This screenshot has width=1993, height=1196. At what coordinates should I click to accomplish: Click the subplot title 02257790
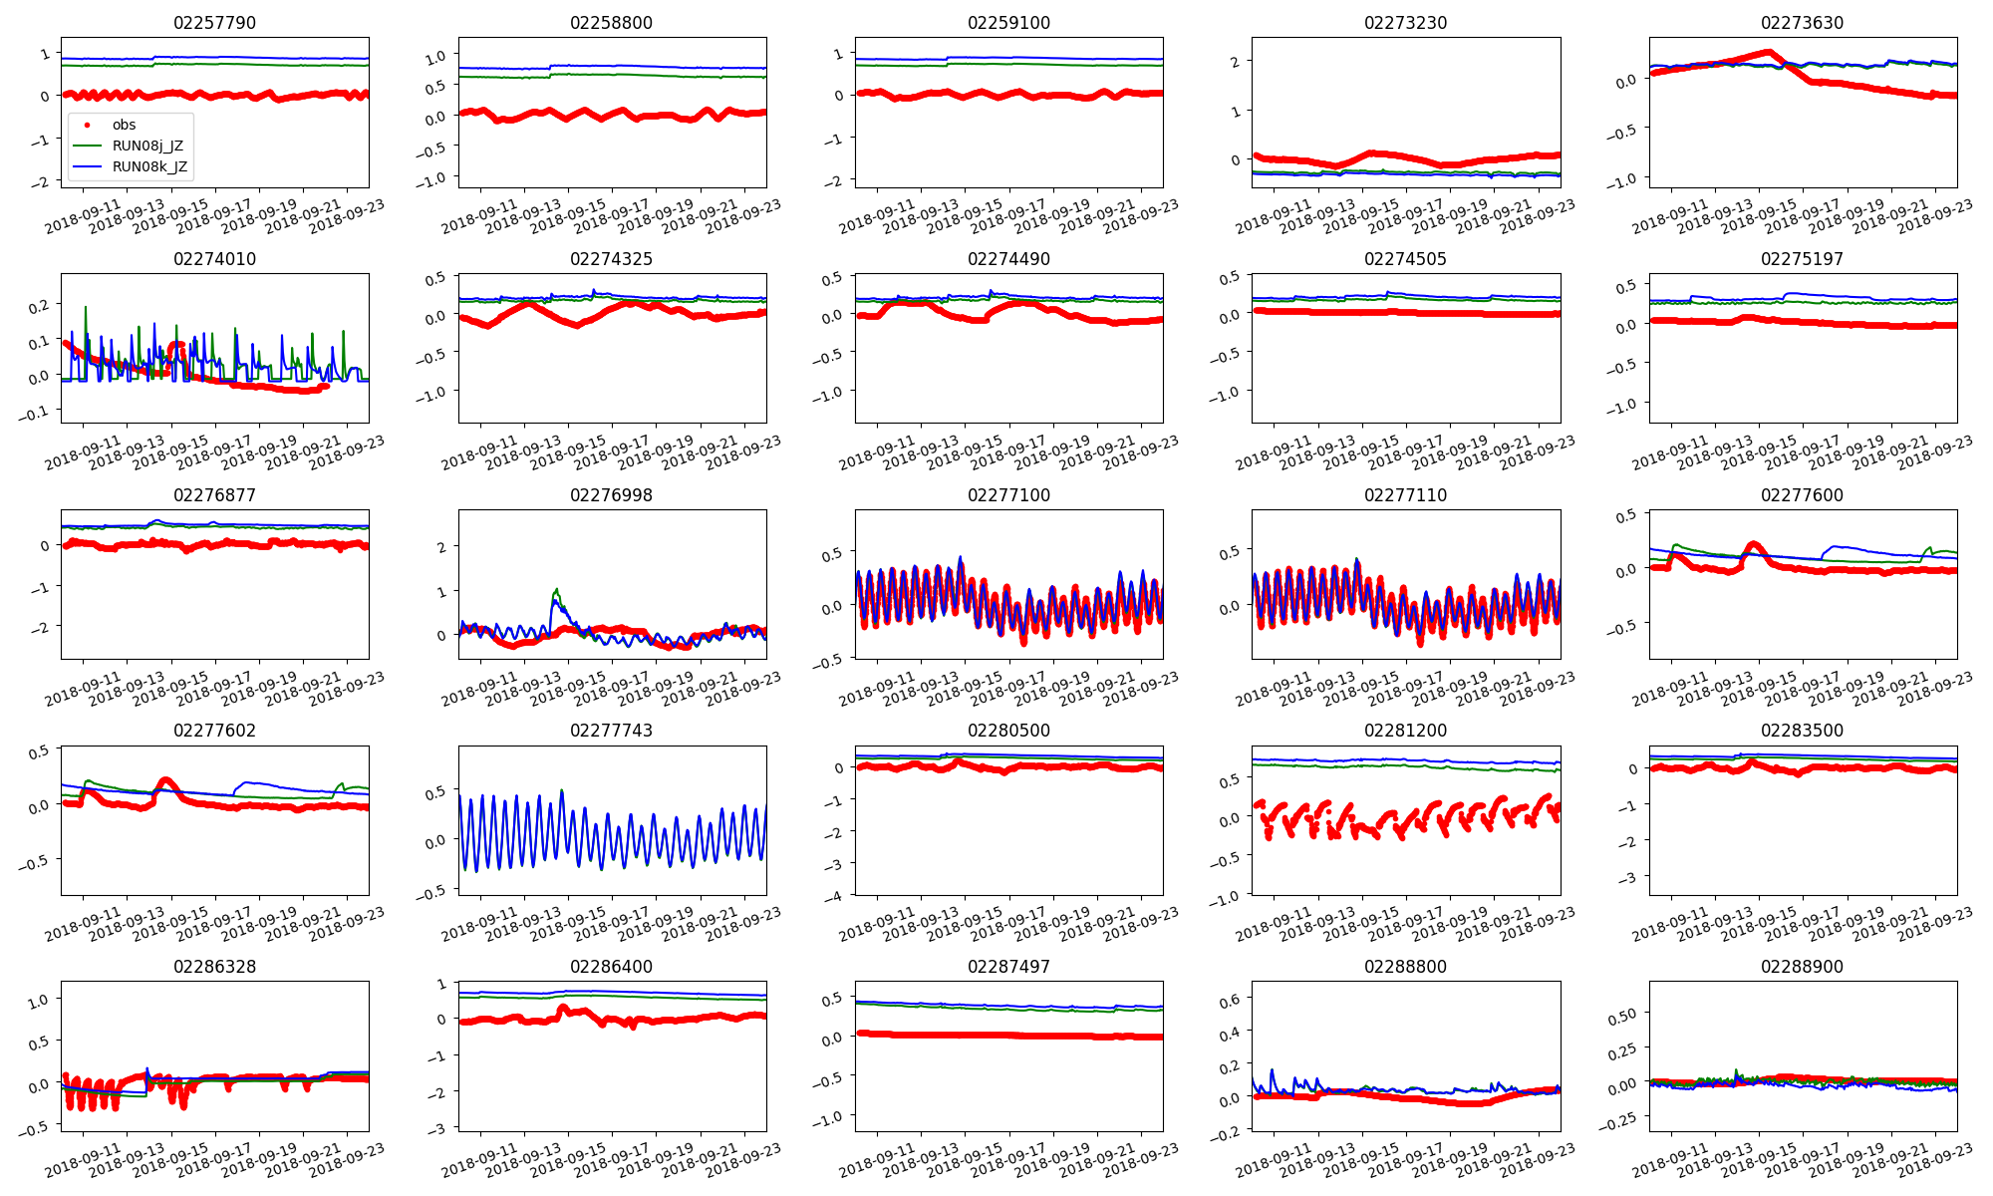click(x=214, y=23)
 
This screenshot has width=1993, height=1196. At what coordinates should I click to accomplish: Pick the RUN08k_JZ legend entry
click(x=149, y=166)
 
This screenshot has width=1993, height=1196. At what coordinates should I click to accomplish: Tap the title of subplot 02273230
click(x=1405, y=23)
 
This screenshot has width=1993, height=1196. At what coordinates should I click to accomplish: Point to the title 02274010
click(x=214, y=259)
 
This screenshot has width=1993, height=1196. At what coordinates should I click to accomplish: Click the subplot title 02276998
click(x=611, y=495)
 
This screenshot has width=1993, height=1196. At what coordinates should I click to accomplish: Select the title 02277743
click(x=611, y=731)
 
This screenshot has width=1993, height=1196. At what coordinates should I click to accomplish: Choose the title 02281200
click(x=1405, y=731)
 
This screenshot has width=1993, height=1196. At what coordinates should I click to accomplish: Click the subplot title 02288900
click(x=1802, y=967)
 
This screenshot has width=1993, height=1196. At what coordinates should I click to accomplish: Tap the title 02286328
click(x=214, y=967)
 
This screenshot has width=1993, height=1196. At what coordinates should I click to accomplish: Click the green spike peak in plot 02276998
click(x=556, y=589)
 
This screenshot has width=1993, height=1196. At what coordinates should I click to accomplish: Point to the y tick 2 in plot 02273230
click(x=1235, y=62)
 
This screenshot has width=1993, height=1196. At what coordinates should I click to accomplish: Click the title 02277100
click(x=1008, y=495)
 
